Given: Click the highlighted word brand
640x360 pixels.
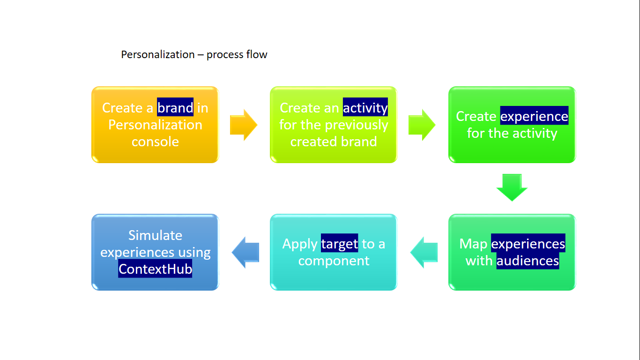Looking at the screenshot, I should [x=175, y=108].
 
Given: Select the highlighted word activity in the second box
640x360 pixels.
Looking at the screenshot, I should [x=365, y=108].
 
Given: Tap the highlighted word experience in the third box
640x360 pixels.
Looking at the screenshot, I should [x=534, y=116].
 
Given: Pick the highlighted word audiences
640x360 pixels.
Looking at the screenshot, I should [x=528, y=261].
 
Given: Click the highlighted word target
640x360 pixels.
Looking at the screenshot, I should [x=339, y=244].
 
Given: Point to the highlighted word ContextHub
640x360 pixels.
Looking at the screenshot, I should [x=155, y=269].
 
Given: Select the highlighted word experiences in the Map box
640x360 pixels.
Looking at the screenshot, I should [x=528, y=244].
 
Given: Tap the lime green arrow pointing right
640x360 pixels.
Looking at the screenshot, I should [x=422, y=125].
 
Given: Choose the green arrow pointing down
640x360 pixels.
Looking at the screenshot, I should [x=512, y=187].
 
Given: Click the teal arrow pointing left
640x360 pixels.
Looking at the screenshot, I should [x=424, y=252].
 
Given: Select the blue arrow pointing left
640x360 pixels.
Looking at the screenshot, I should [x=246, y=252].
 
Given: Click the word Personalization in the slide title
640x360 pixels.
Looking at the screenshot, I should [x=158, y=54].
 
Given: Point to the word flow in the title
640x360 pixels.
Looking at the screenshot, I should [x=258, y=54].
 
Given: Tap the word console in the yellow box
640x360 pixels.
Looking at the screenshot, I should [x=155, y=142].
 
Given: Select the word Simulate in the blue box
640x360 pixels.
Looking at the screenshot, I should [x=155, y=235].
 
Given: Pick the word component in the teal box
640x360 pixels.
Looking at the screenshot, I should [x=334, y=261].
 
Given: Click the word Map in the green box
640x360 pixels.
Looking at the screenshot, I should [x=474, y=244].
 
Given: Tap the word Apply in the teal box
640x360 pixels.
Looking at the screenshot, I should [x=300, y=244].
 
